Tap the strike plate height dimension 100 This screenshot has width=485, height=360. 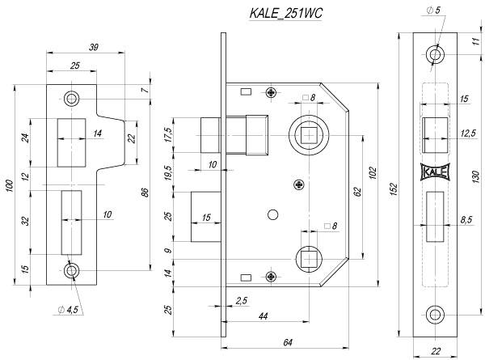10,186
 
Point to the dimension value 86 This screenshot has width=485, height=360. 143,192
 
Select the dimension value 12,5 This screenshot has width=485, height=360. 467,133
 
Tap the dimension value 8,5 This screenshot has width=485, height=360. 467,218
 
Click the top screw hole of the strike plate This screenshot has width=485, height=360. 72,99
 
